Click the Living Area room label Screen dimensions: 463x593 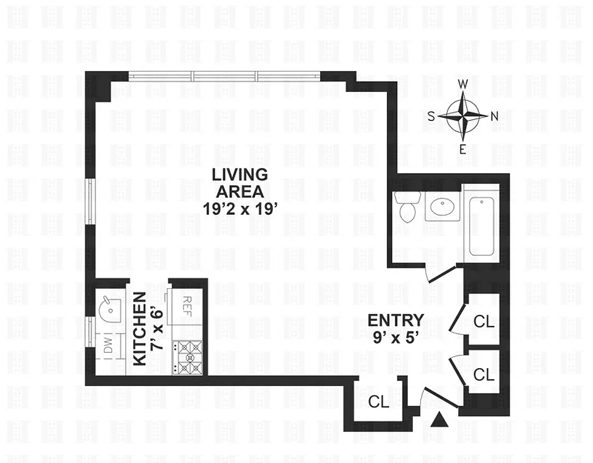pyautogui.click(x=239, y=182)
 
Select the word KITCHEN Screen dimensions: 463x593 pyautogui.click(x=140, y=329)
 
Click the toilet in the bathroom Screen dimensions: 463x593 pyautogui.click(x=408, y=205)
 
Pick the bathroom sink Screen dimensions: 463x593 pyautogui.click(x=442, y=205)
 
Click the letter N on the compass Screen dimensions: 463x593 pyautogui.click(x=494, y=116)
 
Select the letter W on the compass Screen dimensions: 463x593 pyautogui.click(x=463, y=84)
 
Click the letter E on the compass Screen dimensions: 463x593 pyautogui.click(x=463, y=149)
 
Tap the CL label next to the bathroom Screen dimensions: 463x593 pyautogui.click(x=484, y=321)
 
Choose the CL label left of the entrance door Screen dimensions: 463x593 pyautogui.click(x=379, y=401)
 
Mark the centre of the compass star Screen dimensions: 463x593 pyautogui.click(x=463, y=116)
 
